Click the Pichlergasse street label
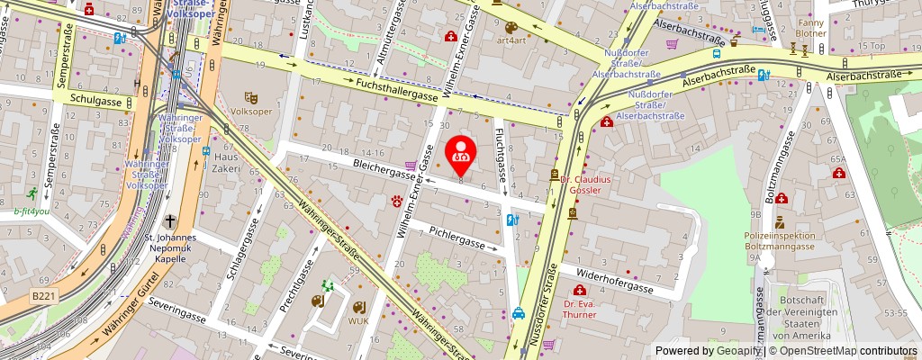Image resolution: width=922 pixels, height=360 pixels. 456,238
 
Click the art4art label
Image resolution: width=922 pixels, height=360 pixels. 511,40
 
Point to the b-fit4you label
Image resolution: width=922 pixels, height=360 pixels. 33,212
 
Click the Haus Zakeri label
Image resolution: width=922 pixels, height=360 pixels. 224,162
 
